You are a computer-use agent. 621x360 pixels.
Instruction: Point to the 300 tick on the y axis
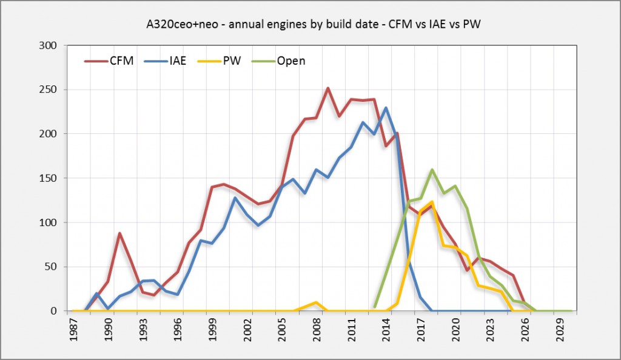pyautogui.click(x=49, y=45)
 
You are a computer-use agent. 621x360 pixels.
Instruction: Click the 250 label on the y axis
pyautogui.click(x=49, y=90)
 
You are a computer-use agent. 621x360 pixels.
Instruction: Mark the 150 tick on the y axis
pyautogui.click(x=49, y=178)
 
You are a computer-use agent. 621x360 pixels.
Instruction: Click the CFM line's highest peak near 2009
pyautogui.click(x=328, y=88)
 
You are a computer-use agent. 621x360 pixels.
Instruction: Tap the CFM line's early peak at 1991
pyautogui.click(x=119, y=233)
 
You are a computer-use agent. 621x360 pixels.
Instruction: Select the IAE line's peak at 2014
pyautogui.click(x=386, y=108)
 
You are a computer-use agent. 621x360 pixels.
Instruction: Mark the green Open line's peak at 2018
pyautogui.click(x=432, y=170)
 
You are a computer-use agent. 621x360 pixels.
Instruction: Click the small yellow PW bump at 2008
pyautogui.click(x=316, y=302)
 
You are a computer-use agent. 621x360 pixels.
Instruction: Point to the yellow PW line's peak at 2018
pyautogui.click(x=432, y=202)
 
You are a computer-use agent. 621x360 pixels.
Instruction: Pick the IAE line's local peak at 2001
pyautogui.click(x=235, y=198)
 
